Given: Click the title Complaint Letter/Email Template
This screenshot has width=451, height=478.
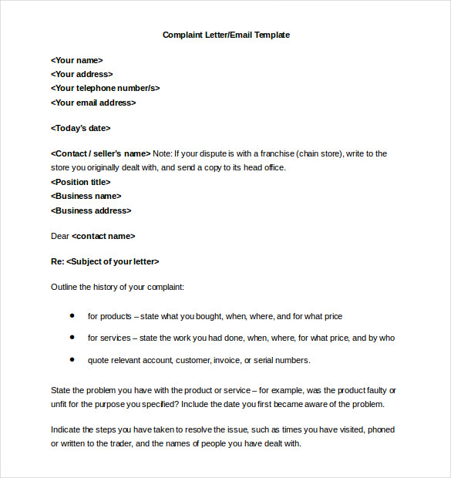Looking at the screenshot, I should point(226,35).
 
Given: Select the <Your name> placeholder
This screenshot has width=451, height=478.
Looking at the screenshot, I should point(76,60).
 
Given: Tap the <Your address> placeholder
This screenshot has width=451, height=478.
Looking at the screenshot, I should point(82,74).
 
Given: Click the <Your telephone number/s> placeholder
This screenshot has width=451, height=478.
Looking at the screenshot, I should point(105,88).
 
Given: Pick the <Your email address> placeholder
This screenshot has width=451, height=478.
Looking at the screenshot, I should point(93,103).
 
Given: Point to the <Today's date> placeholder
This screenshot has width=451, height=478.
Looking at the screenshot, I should point(80,128).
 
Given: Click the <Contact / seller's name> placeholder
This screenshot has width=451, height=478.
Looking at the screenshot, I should point(100,153).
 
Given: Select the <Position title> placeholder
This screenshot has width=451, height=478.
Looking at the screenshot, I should point(80,182).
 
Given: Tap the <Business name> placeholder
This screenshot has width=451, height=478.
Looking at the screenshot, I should point(86,196).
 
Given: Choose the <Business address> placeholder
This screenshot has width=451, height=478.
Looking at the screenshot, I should point(91,210).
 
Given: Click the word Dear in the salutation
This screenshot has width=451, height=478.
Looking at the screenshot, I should point(60,236).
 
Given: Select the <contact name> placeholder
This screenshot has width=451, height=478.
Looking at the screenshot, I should point(103,236).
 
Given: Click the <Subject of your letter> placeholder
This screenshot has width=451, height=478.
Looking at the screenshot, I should point(113,261).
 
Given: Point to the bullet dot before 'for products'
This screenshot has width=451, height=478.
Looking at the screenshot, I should point(72,315).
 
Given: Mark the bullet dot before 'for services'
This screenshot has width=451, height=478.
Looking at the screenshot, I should point(72,337).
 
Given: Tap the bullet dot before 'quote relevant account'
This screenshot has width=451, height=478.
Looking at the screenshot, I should point(72,359).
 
